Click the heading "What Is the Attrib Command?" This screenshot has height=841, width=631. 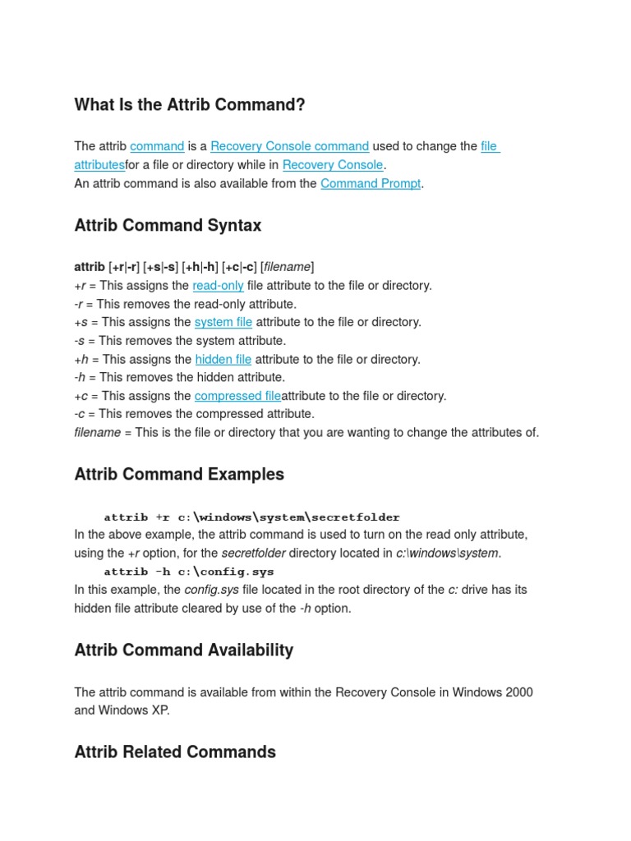[189, 105]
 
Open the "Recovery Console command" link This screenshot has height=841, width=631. [289, 146]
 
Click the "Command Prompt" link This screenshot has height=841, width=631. [371, 183]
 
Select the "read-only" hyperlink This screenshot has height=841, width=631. [218, 286]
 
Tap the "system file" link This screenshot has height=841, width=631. [223, 322]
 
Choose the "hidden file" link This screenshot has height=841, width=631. [223, 359]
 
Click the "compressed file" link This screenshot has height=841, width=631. [237, 396]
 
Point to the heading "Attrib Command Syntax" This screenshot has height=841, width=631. [168, 225]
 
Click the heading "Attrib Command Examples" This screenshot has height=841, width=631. [179, 474]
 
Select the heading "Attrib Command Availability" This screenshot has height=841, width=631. [183, 650]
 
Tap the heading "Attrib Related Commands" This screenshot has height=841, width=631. [175, 751]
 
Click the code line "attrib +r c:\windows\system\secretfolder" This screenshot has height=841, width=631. [251, 517]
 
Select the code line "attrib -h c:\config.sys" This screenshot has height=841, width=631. [189, 572]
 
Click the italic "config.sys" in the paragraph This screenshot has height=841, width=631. [211, 590]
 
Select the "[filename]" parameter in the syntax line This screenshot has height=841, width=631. [287, 267]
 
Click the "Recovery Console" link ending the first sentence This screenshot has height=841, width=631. [332, 165]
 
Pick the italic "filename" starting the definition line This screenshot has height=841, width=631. [97, 432]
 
